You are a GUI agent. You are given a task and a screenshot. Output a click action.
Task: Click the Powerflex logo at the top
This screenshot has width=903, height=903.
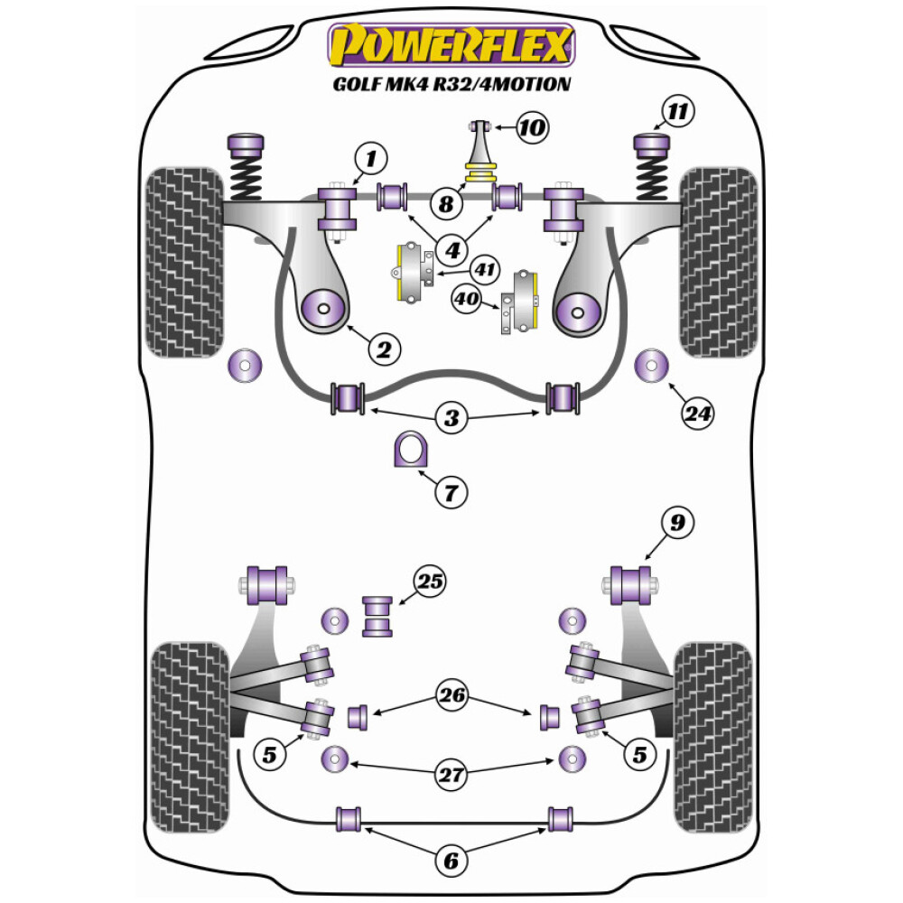[451, 45]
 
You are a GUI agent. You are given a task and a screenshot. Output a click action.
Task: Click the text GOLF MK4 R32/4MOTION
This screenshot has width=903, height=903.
[451, 85]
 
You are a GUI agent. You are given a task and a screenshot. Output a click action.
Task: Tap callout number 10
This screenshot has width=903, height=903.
[533, 127]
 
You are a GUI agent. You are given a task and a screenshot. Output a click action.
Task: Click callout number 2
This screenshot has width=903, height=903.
[383, 349]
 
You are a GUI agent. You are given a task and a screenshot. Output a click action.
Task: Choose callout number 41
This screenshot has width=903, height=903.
[486, 268]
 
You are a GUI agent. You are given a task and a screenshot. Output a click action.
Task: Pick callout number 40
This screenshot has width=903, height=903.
[466, 299]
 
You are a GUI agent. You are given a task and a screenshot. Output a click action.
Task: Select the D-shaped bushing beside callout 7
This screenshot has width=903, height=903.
[408, 451]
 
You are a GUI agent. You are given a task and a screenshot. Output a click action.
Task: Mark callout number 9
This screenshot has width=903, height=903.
[677, 521]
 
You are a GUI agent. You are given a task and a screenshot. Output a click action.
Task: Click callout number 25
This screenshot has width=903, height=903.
[432, 582]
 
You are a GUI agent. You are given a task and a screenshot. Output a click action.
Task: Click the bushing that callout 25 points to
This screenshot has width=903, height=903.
[377, 616]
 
